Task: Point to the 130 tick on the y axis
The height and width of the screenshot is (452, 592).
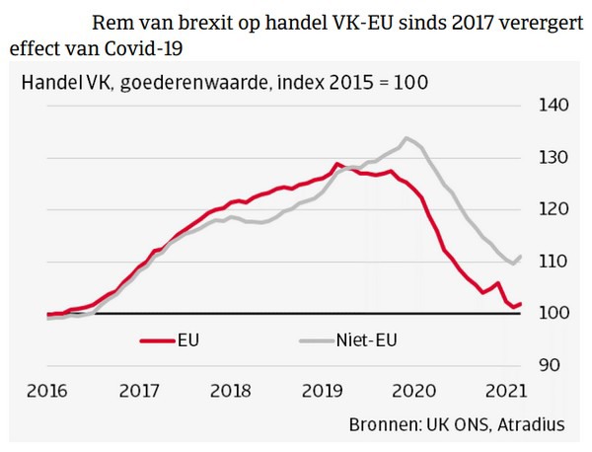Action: [x=549, y=158]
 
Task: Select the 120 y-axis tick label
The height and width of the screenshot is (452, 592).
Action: [x=549, y=209]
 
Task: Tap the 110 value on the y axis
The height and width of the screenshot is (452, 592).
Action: [x=549, y=262]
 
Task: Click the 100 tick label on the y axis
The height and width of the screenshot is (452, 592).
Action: [x=549, y=313]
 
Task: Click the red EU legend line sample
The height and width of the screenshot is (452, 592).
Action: [x=156, y=341]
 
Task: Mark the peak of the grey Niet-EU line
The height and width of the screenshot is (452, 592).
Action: [x=407, y=138]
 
